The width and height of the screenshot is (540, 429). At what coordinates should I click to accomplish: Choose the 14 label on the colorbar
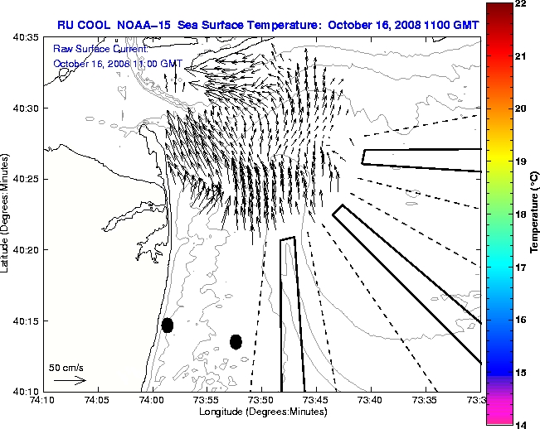pos(520,424)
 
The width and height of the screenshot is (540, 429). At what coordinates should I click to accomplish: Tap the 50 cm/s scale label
pos(66,367)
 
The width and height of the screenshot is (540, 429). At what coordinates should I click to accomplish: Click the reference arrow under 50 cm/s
pos(69,380)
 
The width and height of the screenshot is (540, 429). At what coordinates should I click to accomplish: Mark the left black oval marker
pos(168,325)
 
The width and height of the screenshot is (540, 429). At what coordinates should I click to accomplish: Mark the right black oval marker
pos(236,341)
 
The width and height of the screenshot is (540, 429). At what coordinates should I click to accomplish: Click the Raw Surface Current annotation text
pos(93,50)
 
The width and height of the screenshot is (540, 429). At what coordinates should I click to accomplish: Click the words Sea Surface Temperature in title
pos(254,24)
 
